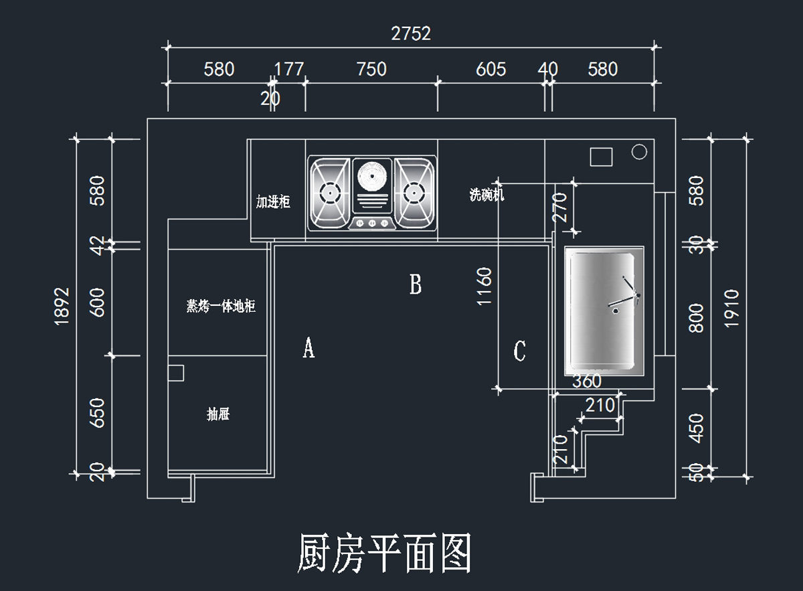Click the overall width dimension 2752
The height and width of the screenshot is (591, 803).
(x=411, y=33)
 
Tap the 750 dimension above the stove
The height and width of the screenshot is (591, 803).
(x=371, y=69)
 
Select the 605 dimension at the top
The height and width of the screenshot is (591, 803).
(x=491, y=69)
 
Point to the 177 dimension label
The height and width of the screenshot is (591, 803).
(x=289, y=69)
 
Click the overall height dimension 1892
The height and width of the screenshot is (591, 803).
(x=62, y=306)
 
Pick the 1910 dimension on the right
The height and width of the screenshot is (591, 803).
(x=731, y=308)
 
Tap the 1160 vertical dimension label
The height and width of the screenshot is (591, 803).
(x=484, y=286)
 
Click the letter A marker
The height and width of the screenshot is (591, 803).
(x=308, y=348)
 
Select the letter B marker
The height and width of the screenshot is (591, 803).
(x=416, y=285)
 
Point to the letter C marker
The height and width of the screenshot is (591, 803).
(x=519, y=351)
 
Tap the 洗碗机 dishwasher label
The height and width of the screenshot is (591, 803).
(x=486, y=195)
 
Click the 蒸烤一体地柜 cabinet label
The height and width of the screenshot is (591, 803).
(x=221, y=307)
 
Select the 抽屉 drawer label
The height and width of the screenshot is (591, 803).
(x=218, y=414)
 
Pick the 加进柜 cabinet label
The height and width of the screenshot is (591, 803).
(x=273, y=201)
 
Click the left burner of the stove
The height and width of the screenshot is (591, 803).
(x=329, y=193)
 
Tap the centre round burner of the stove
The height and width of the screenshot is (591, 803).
(x=371, y=177)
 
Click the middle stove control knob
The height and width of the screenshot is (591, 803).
(x=371, y=223)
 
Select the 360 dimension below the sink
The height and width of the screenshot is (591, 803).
(x=588, y=382)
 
